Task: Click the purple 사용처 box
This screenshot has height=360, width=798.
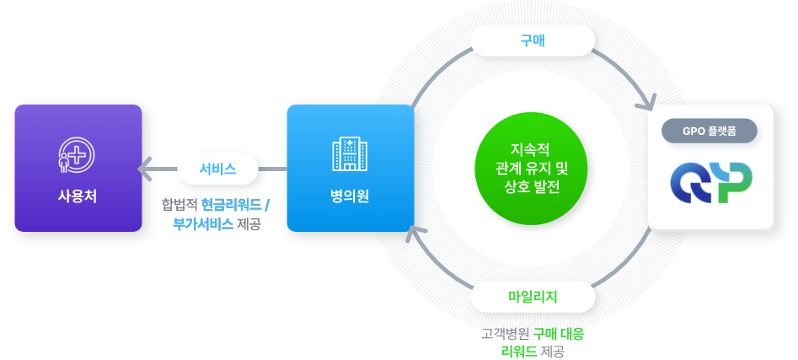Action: [78, 168]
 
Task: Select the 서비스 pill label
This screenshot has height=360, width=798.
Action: [217, 169]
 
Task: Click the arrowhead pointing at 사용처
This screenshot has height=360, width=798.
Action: [145, 169]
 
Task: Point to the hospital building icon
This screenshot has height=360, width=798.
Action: [350, 154]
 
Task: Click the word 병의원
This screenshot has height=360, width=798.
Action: [350, 196]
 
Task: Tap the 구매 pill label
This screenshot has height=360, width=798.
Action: [533, 40]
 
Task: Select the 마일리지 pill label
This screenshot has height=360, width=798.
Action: [533, 296]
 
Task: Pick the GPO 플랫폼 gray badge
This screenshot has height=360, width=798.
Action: [710, 131]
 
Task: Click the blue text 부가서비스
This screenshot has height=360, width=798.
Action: [203, 224]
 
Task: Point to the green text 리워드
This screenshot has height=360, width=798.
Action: [519, 350]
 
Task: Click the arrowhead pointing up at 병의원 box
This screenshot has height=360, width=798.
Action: [412, 233]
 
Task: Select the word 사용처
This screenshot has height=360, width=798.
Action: [77, 196]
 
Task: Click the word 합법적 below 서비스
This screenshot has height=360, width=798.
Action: [179, 205]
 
